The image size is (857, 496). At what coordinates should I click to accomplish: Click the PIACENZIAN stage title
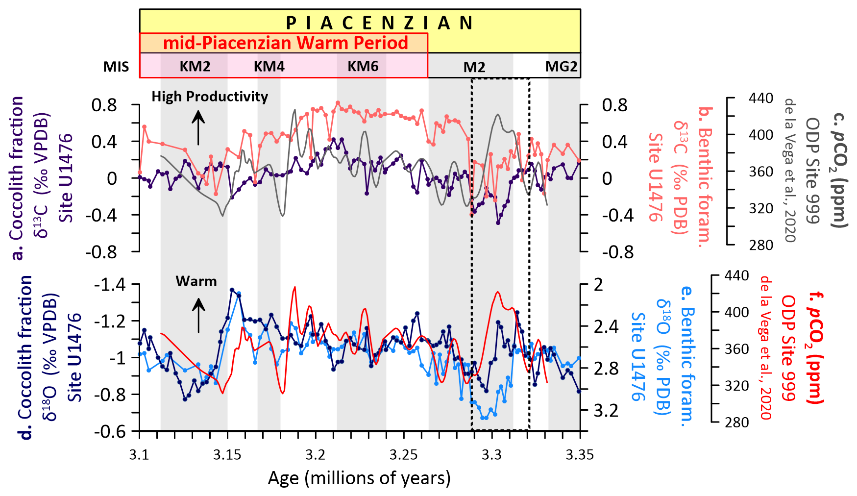tap(379, 23)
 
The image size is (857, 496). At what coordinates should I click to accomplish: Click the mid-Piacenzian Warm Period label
tap(285, 43)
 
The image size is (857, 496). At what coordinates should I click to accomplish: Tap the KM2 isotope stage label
tap(195, 66)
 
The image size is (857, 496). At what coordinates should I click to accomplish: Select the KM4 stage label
tap(269, 66)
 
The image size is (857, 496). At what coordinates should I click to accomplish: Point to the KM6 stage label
tap(363, 66)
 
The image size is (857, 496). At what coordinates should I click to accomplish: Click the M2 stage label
tap(474, 67)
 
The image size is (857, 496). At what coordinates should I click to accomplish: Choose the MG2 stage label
tap(561, 66)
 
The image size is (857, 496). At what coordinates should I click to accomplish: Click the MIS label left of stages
tap(116, 67)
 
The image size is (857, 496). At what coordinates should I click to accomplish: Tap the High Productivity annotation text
tap(210, 97)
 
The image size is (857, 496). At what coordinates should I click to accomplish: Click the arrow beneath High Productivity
tap(198, 127)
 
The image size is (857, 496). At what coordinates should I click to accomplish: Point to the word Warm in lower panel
tap(196, 281)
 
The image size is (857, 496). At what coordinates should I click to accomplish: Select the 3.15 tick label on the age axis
tap(227, 455)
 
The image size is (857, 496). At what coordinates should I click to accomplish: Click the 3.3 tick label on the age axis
tap(492, 455)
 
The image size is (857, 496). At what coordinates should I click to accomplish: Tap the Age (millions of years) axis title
tap(359, 478)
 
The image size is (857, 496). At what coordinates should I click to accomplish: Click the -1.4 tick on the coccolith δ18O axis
tap(109, 285)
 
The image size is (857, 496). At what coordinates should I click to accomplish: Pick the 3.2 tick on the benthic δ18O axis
tap(606, 410)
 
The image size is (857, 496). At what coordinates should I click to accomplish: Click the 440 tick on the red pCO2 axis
tap(736, 276)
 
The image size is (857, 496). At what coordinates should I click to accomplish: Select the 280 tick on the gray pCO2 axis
tap(760, 245)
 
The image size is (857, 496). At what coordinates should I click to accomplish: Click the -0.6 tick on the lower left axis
tap(109, 432)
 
